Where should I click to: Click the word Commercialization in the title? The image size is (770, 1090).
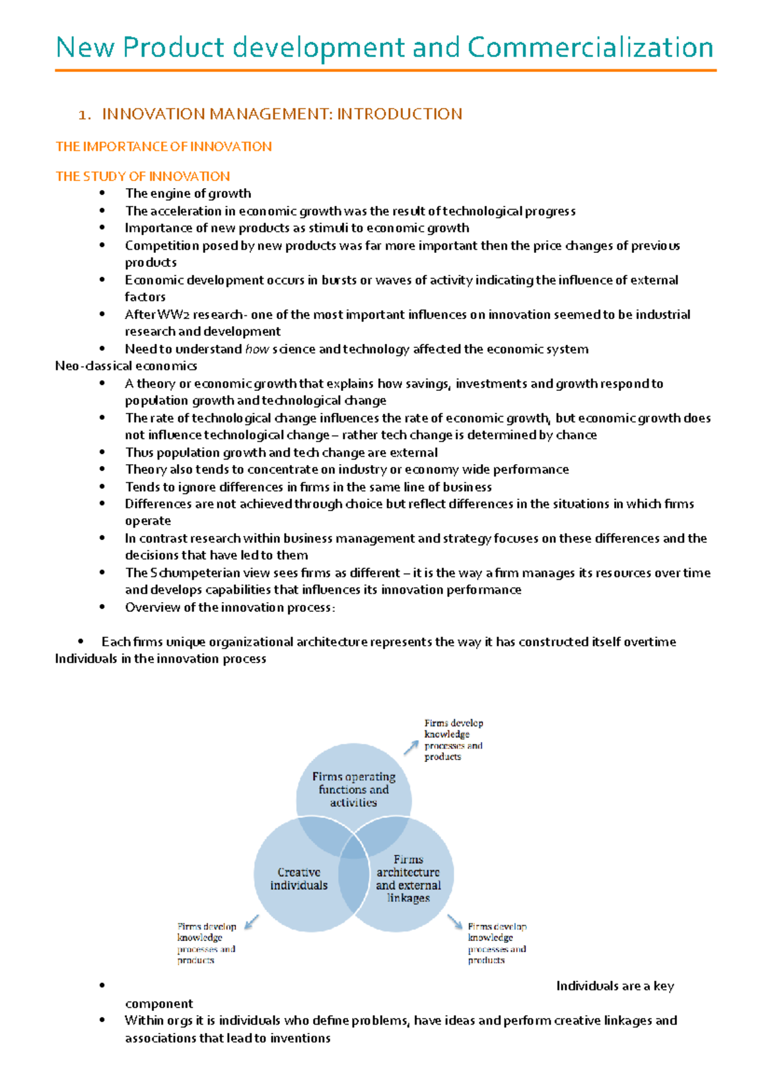pos(590,48)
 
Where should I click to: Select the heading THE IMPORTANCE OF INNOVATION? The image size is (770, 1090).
pos(164,147)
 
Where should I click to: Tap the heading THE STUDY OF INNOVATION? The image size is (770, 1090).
pos(142,177)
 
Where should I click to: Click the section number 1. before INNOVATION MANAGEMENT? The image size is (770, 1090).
pos(83,115)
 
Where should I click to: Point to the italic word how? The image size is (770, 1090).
pos(257,349)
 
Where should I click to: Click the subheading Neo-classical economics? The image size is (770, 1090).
pos(126,366)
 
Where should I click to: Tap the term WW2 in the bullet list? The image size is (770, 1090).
pos(173,315)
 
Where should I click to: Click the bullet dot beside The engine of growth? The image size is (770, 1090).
pos(101,193)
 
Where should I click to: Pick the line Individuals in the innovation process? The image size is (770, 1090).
pos(160,659)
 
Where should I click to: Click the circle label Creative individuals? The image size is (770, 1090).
pos(298,879)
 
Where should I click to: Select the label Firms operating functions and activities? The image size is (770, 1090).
pos(354,789)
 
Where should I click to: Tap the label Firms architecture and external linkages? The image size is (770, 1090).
pos(408,878)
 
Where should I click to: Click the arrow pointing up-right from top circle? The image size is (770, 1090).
pos(411,747)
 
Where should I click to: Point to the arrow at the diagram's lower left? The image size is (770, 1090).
pos(252,922)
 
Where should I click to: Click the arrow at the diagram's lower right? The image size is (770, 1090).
pos(455,922)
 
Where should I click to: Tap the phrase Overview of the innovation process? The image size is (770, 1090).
pos(230,607)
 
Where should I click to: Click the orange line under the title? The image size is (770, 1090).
pos(385,70)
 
